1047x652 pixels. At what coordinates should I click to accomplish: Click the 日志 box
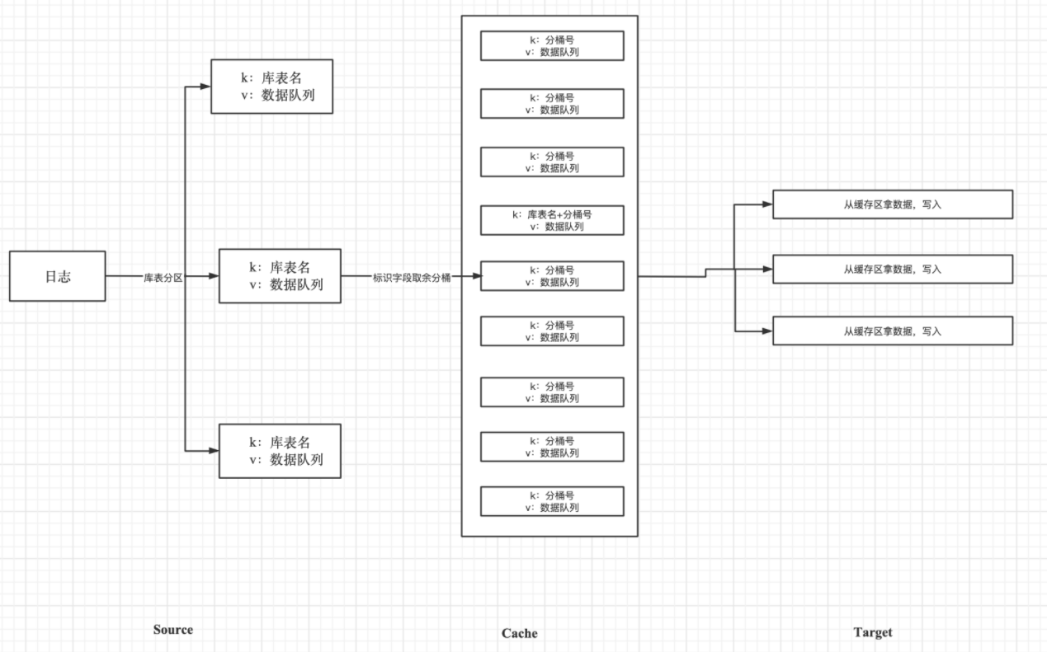point(58,276)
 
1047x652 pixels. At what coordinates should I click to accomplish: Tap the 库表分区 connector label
point(163,277)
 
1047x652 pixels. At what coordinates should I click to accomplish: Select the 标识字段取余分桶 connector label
point(412,277)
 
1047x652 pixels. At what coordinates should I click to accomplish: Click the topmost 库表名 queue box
point(271,87)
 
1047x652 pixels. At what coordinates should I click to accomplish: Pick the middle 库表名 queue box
point(279,276)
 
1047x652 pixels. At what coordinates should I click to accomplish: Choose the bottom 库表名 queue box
point(279,451)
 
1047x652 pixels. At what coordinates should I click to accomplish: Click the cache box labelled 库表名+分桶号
point(552,220)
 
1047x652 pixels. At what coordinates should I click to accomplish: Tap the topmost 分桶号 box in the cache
point(552,46)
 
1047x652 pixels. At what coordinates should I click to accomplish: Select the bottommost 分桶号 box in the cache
point(552,501)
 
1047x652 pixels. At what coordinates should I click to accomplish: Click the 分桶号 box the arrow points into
point(552,276)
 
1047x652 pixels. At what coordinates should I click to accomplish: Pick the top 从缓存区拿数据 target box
point(892,204)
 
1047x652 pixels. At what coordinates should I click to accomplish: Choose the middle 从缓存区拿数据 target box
point(892,269)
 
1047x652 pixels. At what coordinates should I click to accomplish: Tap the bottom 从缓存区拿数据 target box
point(892,331)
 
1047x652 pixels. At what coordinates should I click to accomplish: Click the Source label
point(172,630)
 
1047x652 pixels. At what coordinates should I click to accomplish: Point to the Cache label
point(519,633)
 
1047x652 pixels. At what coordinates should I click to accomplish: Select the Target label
point(872,632)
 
